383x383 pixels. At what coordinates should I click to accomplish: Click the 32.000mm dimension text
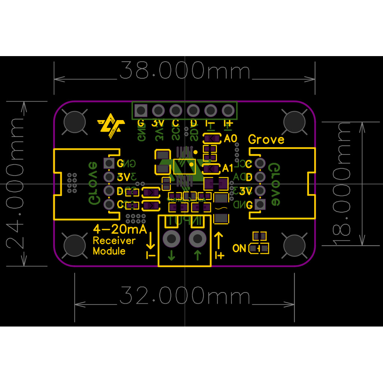[x=185, y=297]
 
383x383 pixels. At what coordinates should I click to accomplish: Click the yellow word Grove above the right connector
[x=266, y=140]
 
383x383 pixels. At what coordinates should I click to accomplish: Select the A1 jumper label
[x=228, y=168]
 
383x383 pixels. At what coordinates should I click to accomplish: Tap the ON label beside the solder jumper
[x=239, y=248]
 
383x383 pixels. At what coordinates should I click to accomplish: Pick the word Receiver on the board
[x=114, y=240]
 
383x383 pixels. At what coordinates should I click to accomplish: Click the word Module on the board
[x=109, y=251]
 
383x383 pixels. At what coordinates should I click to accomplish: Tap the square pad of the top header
[x=141, y=111]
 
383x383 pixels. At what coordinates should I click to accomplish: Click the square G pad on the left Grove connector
[x=109, y=163]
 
